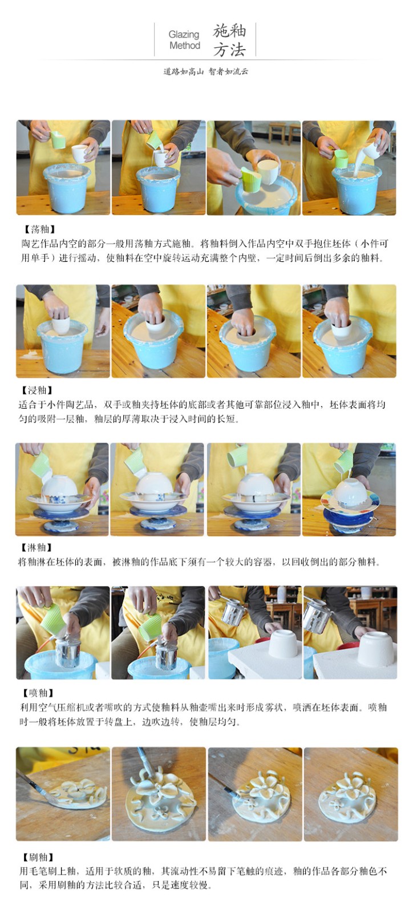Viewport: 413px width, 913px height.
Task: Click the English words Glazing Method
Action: [184, 39]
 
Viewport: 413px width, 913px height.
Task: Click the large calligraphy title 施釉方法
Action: [229, 40]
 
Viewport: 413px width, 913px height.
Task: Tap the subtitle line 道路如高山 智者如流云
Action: [206, 71]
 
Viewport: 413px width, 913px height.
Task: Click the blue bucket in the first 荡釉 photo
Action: [67, 188]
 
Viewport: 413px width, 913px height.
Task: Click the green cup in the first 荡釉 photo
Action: [58, 139]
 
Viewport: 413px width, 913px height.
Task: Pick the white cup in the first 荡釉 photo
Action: [80, 153]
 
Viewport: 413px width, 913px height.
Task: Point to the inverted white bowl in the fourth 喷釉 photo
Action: [375, 648]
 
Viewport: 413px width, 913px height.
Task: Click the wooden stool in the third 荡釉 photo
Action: [277, 132]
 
